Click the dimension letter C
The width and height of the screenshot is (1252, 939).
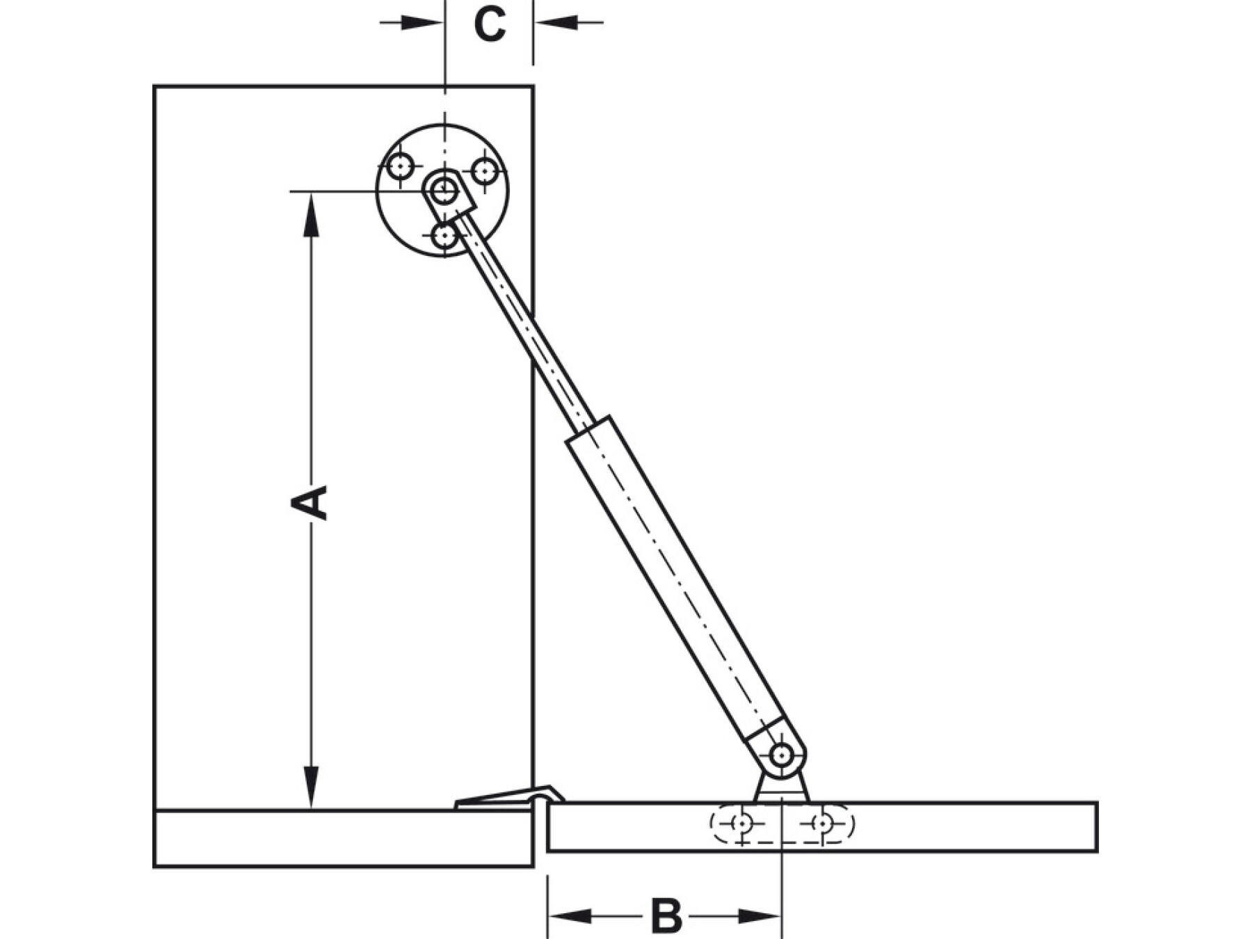point(490,25)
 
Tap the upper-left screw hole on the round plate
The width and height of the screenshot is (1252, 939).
point(401,167)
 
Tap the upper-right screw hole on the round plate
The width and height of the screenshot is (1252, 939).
point(485,170)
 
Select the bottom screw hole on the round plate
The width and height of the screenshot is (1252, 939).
point(444,236)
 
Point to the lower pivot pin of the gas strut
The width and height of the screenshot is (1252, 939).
point(782,754)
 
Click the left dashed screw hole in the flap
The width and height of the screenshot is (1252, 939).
point(742,824)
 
